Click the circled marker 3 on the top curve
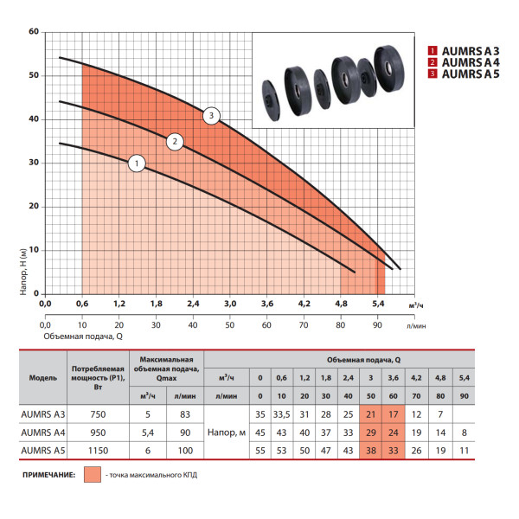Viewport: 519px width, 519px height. pos(211,116)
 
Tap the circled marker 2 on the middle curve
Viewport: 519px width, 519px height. pos(175,142)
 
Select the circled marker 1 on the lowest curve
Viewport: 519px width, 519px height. pos(137,163)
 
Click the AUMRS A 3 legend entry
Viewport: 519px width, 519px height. pos(464,51)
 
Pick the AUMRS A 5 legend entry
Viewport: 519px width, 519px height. pos(464,74)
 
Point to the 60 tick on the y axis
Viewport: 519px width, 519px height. pos(34,32)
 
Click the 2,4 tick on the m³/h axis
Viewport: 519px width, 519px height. pos(193,304)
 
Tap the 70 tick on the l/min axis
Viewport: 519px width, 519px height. pos(304,325)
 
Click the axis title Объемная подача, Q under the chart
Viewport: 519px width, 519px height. pos(83,336)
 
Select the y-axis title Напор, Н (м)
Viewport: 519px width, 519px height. pos(23,272)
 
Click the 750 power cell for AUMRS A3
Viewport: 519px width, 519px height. pos(98,414)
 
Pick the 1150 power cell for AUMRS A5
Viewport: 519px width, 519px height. pos(98,451)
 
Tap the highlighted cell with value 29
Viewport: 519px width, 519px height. pos(371,432)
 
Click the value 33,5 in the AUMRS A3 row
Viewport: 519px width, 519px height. pos(281,414)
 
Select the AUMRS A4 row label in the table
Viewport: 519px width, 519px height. pos(43,432)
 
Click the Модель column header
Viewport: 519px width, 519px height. pos(43,378)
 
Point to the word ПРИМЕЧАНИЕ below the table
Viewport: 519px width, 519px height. pos(48,475)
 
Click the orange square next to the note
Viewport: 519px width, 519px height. pos(93,475)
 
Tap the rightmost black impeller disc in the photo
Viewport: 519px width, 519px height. pos(389,68)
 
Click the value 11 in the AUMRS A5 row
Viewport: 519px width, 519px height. pos(464,451)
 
